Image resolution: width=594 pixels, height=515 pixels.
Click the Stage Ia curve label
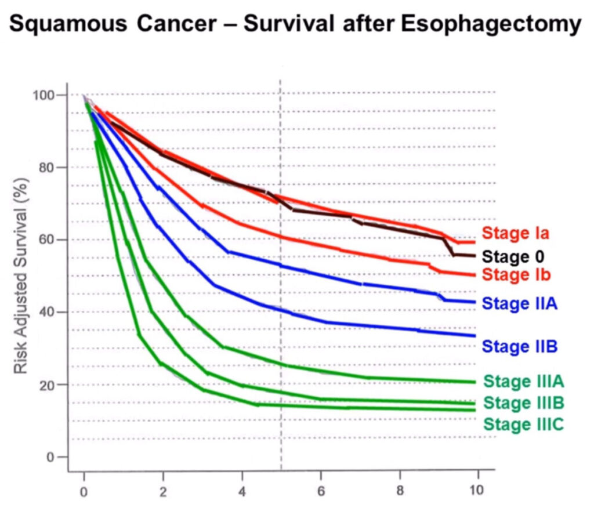[x=516, y=234]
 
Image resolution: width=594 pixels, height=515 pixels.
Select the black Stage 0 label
[x=513, y=256]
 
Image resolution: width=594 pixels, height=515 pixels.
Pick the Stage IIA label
[x=519, y=303]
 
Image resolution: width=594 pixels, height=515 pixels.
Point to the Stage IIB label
[x=519, y=347]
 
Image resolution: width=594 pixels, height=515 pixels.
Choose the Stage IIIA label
[x=524, y=382]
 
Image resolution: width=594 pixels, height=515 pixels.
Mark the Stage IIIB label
[x=524, y=402]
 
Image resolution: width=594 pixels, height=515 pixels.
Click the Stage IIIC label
[x=524, y=424]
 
